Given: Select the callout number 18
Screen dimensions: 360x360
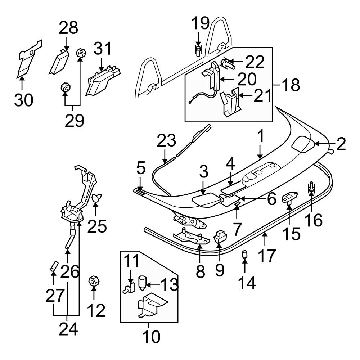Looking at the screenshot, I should tap(290, 85).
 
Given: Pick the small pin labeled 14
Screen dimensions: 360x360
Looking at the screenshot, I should tap(245, 255).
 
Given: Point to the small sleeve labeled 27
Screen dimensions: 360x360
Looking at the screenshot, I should tap(53, 268).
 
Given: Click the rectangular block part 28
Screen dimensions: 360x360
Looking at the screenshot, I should tap(60, 61).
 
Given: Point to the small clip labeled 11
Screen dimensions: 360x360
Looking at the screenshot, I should tap(129, 288).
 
